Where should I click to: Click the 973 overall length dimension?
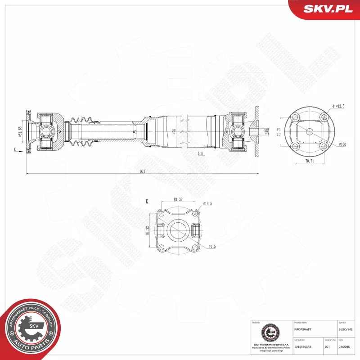[x=142, y=171]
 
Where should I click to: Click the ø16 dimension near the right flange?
[x=266, y=131]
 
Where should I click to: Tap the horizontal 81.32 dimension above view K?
[x=178, y=200]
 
